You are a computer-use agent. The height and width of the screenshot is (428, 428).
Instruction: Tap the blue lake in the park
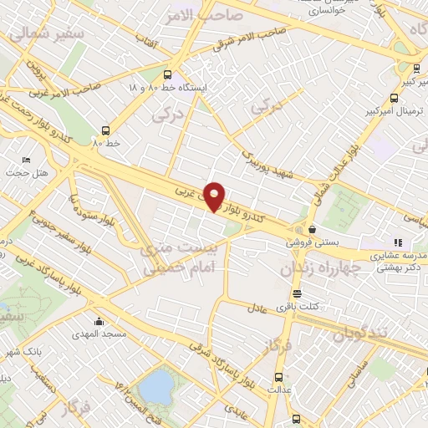pyautogui.click(x=155, y=386)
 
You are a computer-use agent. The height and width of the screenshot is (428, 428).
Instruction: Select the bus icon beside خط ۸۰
pyautogui.click(x=105, y=130)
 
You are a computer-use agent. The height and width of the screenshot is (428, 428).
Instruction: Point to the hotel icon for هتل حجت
pyautogui.click(x=26, y=160)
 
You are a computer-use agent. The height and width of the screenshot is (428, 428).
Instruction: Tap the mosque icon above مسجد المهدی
pyautogui.click(x=99, y=322)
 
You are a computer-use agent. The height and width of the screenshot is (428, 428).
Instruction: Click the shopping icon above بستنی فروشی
pyautogui.click(x=312, y=229)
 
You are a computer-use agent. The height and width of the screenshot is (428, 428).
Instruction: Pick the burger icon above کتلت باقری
pyautogui.click(x=298, y=293)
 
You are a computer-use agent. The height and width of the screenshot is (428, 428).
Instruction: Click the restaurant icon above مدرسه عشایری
pyautogui.click(x=397, y=242)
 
